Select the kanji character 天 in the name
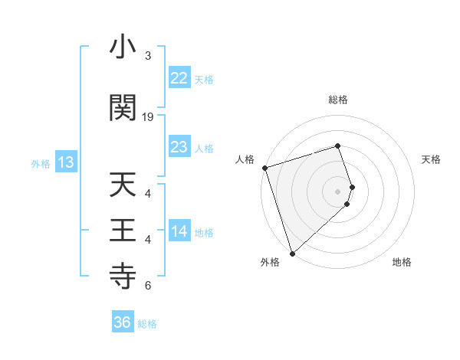coord(123,185)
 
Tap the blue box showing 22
coord(179,77)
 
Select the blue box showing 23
coord(179,146)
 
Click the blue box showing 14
coord(179,231)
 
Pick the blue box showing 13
coord(65,162)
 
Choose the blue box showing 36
coord(123,322)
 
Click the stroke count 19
coord(148,117)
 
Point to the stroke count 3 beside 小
coord(148,56)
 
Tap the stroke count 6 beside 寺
coord(148,286)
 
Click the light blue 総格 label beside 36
coord(147,324)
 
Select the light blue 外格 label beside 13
coord(40,163)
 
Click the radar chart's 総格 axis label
coord(338,100)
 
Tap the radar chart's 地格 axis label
coord(402,262)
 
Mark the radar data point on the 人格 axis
coord(264,168)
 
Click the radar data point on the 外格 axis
coord(291,252)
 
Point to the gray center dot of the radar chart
coord(338,191)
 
